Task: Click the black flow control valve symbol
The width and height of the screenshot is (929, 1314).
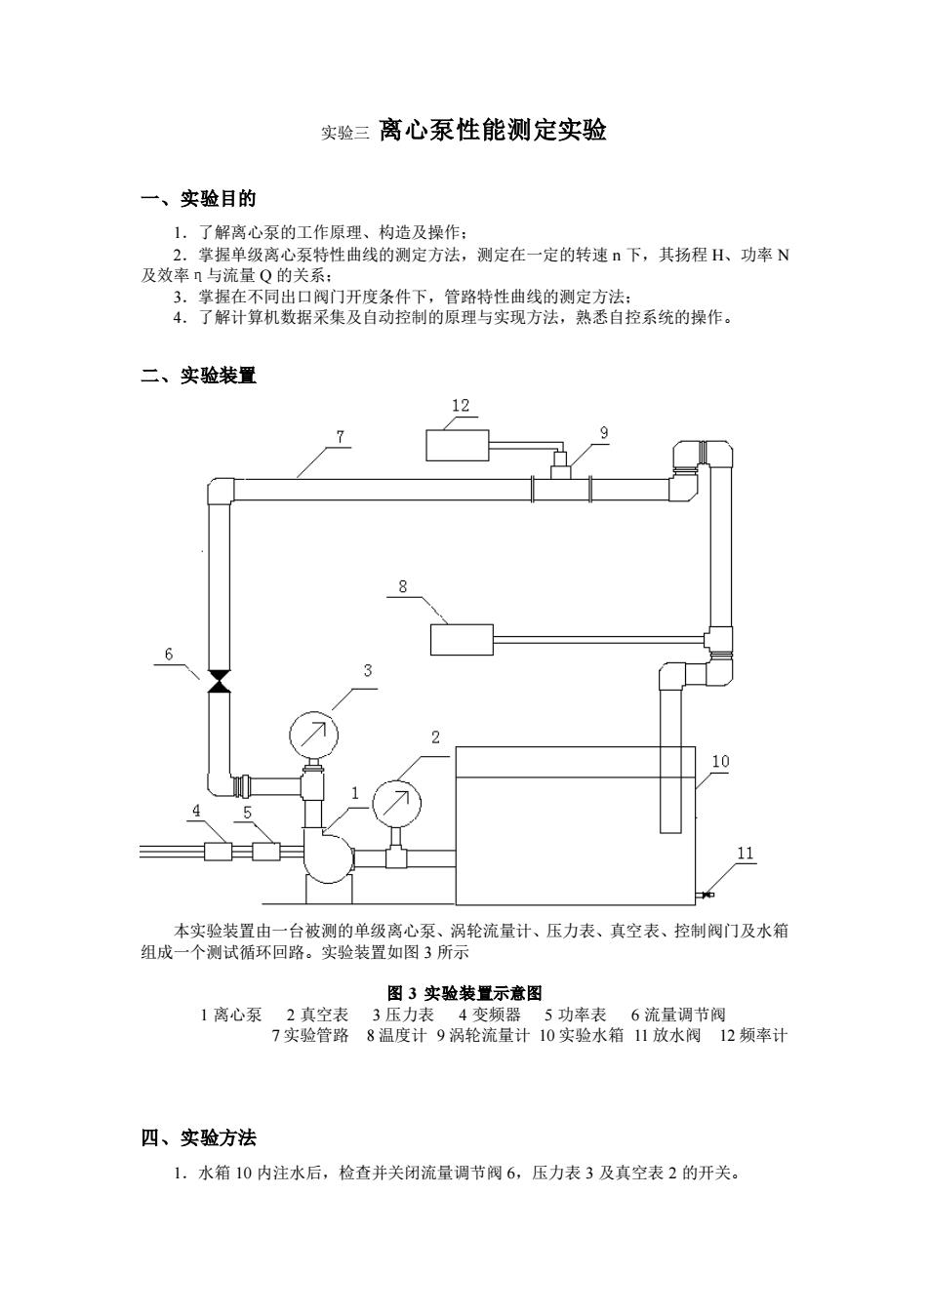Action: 220,681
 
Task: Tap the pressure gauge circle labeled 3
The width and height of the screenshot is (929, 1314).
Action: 314,735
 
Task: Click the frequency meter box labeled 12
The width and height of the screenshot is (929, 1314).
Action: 457,445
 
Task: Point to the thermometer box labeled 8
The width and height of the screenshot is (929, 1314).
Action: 462,639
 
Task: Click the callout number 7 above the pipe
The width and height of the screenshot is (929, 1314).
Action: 341,436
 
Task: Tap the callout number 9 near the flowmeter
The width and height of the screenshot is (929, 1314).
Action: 604,433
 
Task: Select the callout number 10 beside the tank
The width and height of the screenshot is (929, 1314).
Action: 721,762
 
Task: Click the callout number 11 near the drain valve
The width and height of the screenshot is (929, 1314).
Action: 745,853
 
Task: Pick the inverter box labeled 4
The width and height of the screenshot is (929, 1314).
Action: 218,852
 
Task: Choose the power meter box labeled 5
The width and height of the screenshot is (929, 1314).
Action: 266,852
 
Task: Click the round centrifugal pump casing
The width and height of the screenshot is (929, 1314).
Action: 328,856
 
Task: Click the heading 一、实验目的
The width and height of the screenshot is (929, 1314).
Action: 199,199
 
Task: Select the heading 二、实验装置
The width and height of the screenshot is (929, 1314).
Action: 199,375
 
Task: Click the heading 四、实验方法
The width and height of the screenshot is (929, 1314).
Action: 199,1138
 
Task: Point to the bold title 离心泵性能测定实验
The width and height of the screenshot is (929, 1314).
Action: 492,130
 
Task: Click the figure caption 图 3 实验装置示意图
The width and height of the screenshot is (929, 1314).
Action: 464,993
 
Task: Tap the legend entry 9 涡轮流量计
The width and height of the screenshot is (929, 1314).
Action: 482,1035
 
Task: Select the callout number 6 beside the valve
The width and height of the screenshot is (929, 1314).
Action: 169,654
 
